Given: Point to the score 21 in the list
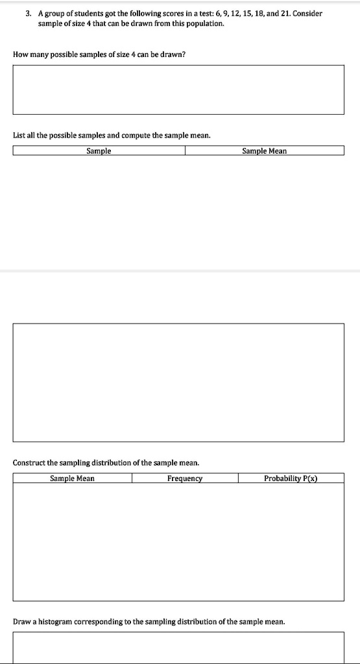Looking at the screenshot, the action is point(282,14).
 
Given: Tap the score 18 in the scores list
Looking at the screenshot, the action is point(249,14).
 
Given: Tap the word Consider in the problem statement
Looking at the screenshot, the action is point(308,14).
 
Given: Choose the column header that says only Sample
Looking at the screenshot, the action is point(99,151).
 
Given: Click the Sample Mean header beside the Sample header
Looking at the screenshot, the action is point(264,151).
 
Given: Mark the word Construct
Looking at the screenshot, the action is point(30,463).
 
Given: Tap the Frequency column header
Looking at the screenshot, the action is point(185,479).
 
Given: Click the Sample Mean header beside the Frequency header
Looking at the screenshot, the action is point(72,479).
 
